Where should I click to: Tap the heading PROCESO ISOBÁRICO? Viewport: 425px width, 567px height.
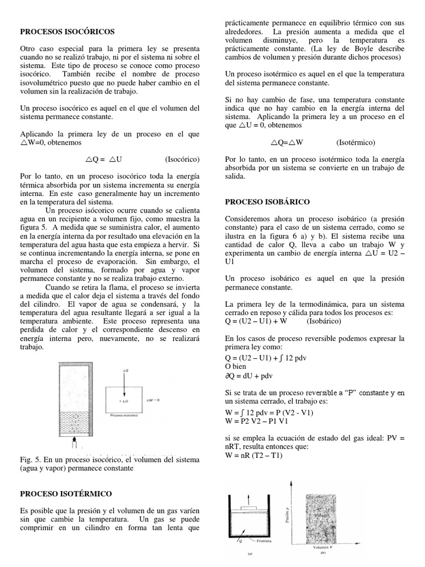pos(267,202)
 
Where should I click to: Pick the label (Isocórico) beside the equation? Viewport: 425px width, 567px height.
pos(182,159)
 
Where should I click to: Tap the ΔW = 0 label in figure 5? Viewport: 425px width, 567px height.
pos(152,400)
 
